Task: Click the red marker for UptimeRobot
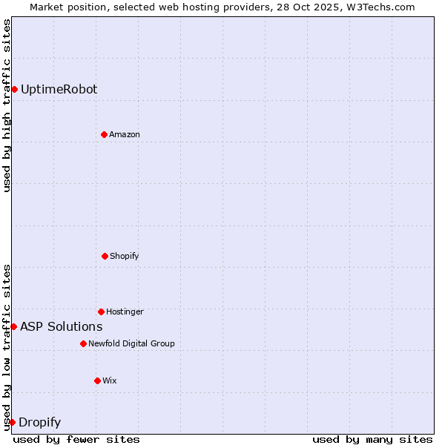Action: click(x=14, y=90)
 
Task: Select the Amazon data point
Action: click(x=104, y=134)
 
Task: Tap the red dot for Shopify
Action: click(x=105, y=256)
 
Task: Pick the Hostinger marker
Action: click(x=101, y=311)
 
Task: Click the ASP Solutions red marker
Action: click(x=13, y=326)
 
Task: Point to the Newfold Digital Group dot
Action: click(x=83, y=343)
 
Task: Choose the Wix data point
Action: click(x=97, y=380)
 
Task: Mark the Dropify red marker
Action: click(x=12, y=422)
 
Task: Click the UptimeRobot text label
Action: click(x=59, y=90)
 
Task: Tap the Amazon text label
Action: click(x=125, y=134)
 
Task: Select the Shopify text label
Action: click(x=125, y=256)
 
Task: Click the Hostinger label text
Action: click(x=125, y=311)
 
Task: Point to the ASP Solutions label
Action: click(x=61, y=326)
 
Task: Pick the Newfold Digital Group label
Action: click(x=131, y=343)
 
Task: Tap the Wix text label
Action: click(x=110, y=380)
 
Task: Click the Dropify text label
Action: click(x=39, y=423)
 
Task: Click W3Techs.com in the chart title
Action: click(x=378, y=7)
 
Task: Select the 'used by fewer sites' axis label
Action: click(x=76, y=439)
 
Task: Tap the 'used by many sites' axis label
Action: click(x=372, y=439)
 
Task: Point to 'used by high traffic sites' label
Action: click(x=7, y=106)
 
